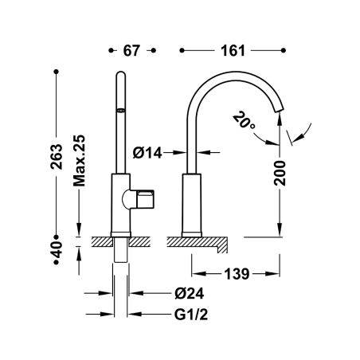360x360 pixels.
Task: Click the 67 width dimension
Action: coord(131,50)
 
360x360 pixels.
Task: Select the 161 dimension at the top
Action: coord(233,50)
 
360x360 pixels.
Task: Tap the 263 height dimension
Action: coord(57,157)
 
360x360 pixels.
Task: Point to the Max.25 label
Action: coord(80,161)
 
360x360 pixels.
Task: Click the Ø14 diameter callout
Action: coord(147,153)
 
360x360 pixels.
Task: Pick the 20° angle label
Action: coord(244,120)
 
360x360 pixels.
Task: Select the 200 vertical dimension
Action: coord(280,173)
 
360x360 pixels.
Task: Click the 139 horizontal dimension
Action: coord(237,274)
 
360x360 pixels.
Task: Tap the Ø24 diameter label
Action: coord(190,293)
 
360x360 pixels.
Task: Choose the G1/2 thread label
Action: coord(191,315)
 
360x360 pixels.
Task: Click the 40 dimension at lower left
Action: coord(57,249)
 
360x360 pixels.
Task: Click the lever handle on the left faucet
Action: coord(139,199)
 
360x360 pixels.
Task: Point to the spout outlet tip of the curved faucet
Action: coord(280,111)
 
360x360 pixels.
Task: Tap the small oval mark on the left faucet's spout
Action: coord(121,110)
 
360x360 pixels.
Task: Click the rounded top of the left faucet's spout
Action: coord(121,74)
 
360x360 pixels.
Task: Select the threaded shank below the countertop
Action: coord(121,249)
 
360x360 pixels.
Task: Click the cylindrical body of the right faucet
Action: coord(192,203)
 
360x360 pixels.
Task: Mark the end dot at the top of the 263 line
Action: coord(56,72)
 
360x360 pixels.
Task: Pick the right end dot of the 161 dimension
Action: coord(284,50)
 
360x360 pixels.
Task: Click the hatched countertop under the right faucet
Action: coord(197,241)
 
